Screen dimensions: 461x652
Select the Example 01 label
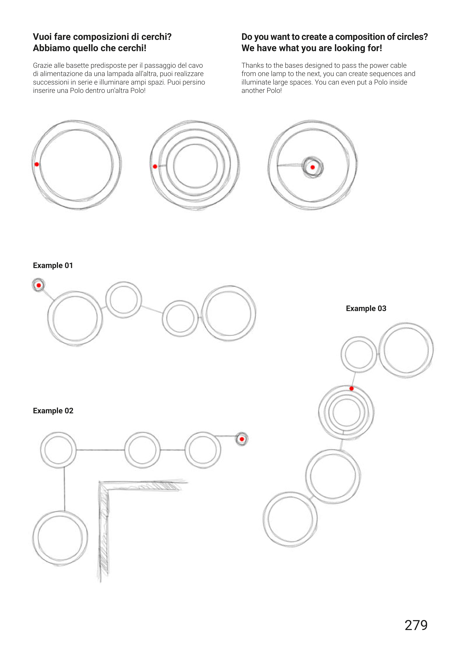coord(53,265)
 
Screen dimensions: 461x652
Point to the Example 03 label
coord(366,308)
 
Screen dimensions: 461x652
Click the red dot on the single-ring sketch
coord(37,164)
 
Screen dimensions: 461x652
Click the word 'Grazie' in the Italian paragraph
coord(42,65)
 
